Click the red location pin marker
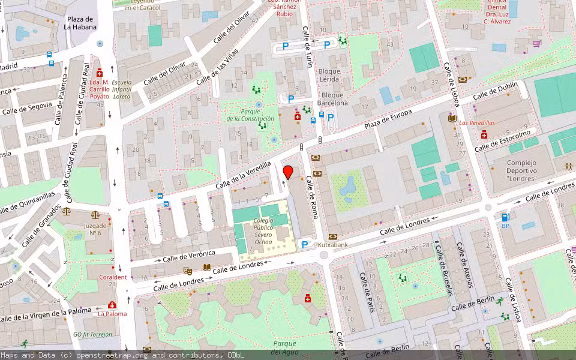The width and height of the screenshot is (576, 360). [x=288, y=172]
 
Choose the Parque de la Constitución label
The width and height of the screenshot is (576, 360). [x=250, y=115]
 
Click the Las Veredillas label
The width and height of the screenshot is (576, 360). [x=478, y=122]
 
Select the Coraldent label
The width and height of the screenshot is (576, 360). [x=112, y=277]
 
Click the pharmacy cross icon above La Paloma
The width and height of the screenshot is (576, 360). [x=112, y=304]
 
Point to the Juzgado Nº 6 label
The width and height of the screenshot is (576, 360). [x=96, y=229]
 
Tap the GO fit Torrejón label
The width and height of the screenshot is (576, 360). [x=94, y=334]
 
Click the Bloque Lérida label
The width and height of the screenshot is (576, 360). [x=329, y=75]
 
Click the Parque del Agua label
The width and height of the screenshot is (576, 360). [x=284, y=347]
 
